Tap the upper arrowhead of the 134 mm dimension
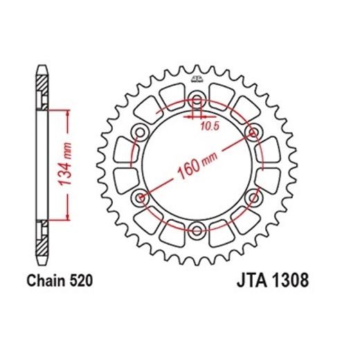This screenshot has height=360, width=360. coord(67,111)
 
